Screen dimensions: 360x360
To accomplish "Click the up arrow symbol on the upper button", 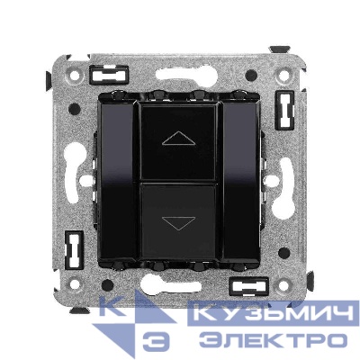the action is click(178, 139).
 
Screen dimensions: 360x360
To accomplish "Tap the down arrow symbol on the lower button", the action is click(178, 223).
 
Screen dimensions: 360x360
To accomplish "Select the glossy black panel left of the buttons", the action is click(117, 181).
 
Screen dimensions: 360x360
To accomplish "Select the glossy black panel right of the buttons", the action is click(242, 181).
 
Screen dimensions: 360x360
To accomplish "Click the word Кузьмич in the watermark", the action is click(274, 313).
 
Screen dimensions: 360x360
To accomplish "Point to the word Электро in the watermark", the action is click(273, 340).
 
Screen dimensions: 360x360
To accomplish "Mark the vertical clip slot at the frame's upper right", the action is click(284, 110).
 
